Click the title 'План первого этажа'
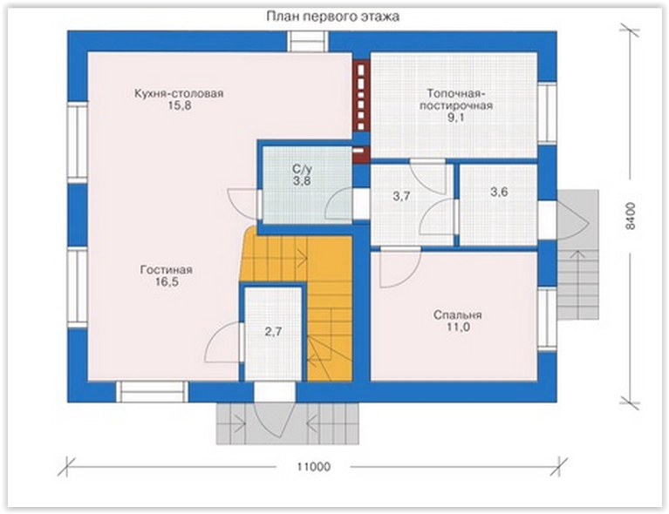coord(333,17)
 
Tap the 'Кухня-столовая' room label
coord(179,93)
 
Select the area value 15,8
coord(179,105)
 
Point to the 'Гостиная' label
coord(167,270)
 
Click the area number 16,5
coord(167,281)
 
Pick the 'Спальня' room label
coord(457,315)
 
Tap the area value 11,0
coord(458,327)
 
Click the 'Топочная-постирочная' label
coord(455,99)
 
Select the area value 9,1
coord(455,118)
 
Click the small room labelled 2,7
coord(273,332)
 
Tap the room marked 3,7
coord(401,197)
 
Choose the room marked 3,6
coord(499,193)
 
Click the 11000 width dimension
coord(314,467)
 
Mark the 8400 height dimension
coord(630,216)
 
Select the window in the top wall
coord(307,42)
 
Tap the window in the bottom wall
coord(153,392)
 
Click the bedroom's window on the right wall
coord(547,319)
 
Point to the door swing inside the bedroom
coord(399,267)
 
